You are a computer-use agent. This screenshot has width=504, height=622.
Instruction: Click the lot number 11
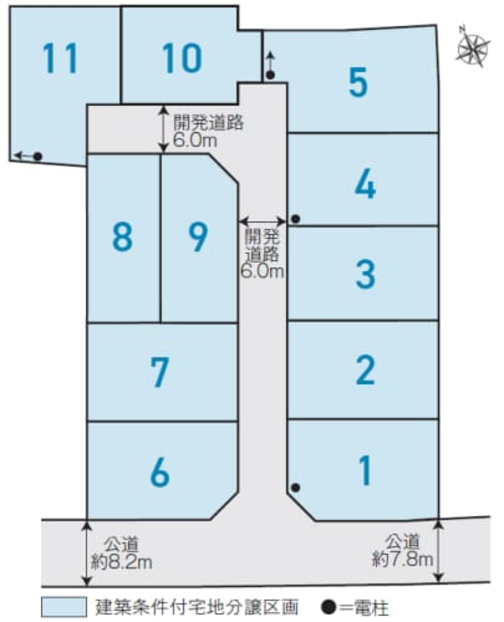[59, 58]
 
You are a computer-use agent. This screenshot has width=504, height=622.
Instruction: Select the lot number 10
[182, 58]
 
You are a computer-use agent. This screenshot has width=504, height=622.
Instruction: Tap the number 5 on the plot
[358, 82]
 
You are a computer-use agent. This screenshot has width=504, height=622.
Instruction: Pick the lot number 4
[365, 184]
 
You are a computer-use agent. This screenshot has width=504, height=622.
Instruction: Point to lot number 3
[366, 274]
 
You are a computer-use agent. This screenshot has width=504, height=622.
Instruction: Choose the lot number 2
[366, 370]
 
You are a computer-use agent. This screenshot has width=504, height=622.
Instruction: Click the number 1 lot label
[366, 471]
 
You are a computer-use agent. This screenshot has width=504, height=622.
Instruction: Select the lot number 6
[160, 472]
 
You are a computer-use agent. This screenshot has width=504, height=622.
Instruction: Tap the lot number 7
[160, 372]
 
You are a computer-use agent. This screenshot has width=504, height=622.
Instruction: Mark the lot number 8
[122, 236]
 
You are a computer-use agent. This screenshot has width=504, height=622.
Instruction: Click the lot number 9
[198, 236]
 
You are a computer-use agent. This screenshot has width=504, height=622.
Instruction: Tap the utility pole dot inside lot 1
[296, 487]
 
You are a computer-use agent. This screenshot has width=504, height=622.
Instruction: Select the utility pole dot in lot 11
[38, 156]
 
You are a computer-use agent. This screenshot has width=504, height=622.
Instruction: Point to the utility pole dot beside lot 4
[296, 218]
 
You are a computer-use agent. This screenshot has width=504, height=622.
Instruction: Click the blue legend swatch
[64, 607]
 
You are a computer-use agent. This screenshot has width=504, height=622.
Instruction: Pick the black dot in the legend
[329, 607]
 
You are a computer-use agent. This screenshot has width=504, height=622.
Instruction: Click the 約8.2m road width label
[122, 562]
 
